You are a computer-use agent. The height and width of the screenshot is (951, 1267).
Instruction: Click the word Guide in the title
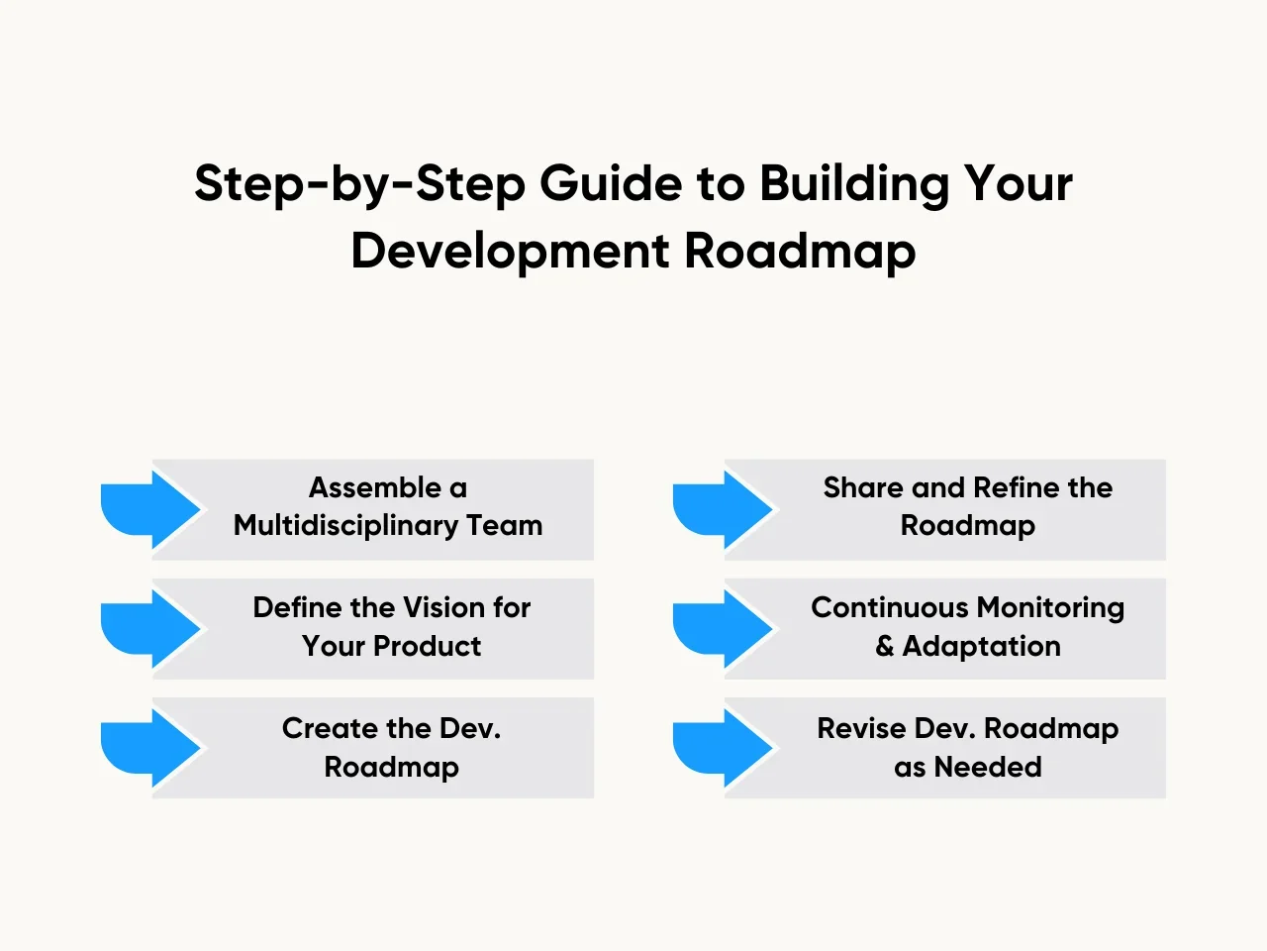[612, 183]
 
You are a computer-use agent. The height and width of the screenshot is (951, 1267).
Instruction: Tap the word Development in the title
[510, 252]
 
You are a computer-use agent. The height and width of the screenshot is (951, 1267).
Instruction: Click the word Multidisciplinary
[345, 526]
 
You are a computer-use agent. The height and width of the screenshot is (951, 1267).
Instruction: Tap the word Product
[428, 646]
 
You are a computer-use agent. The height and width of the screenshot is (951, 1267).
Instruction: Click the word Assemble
[375, 487]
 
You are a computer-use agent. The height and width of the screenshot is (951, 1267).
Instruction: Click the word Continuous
[890, 607]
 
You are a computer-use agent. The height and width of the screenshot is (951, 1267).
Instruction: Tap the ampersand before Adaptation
[884, 646]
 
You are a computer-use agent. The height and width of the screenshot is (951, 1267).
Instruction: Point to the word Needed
[988, 767]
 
